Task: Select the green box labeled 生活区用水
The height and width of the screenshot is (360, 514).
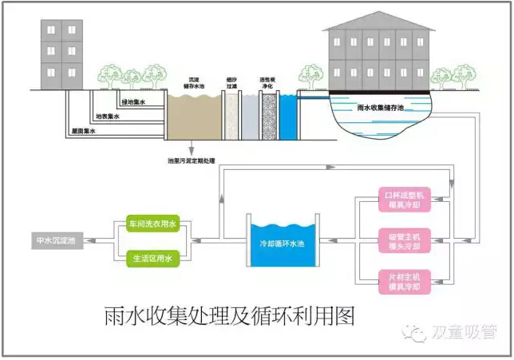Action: click(155, 258)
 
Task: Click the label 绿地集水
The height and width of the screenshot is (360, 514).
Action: click(133, 101)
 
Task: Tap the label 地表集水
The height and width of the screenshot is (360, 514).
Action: click(108, 117)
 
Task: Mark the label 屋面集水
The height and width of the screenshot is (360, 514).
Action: click(81, 131)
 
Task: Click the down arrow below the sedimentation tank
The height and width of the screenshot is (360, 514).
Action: click(191, 149)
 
